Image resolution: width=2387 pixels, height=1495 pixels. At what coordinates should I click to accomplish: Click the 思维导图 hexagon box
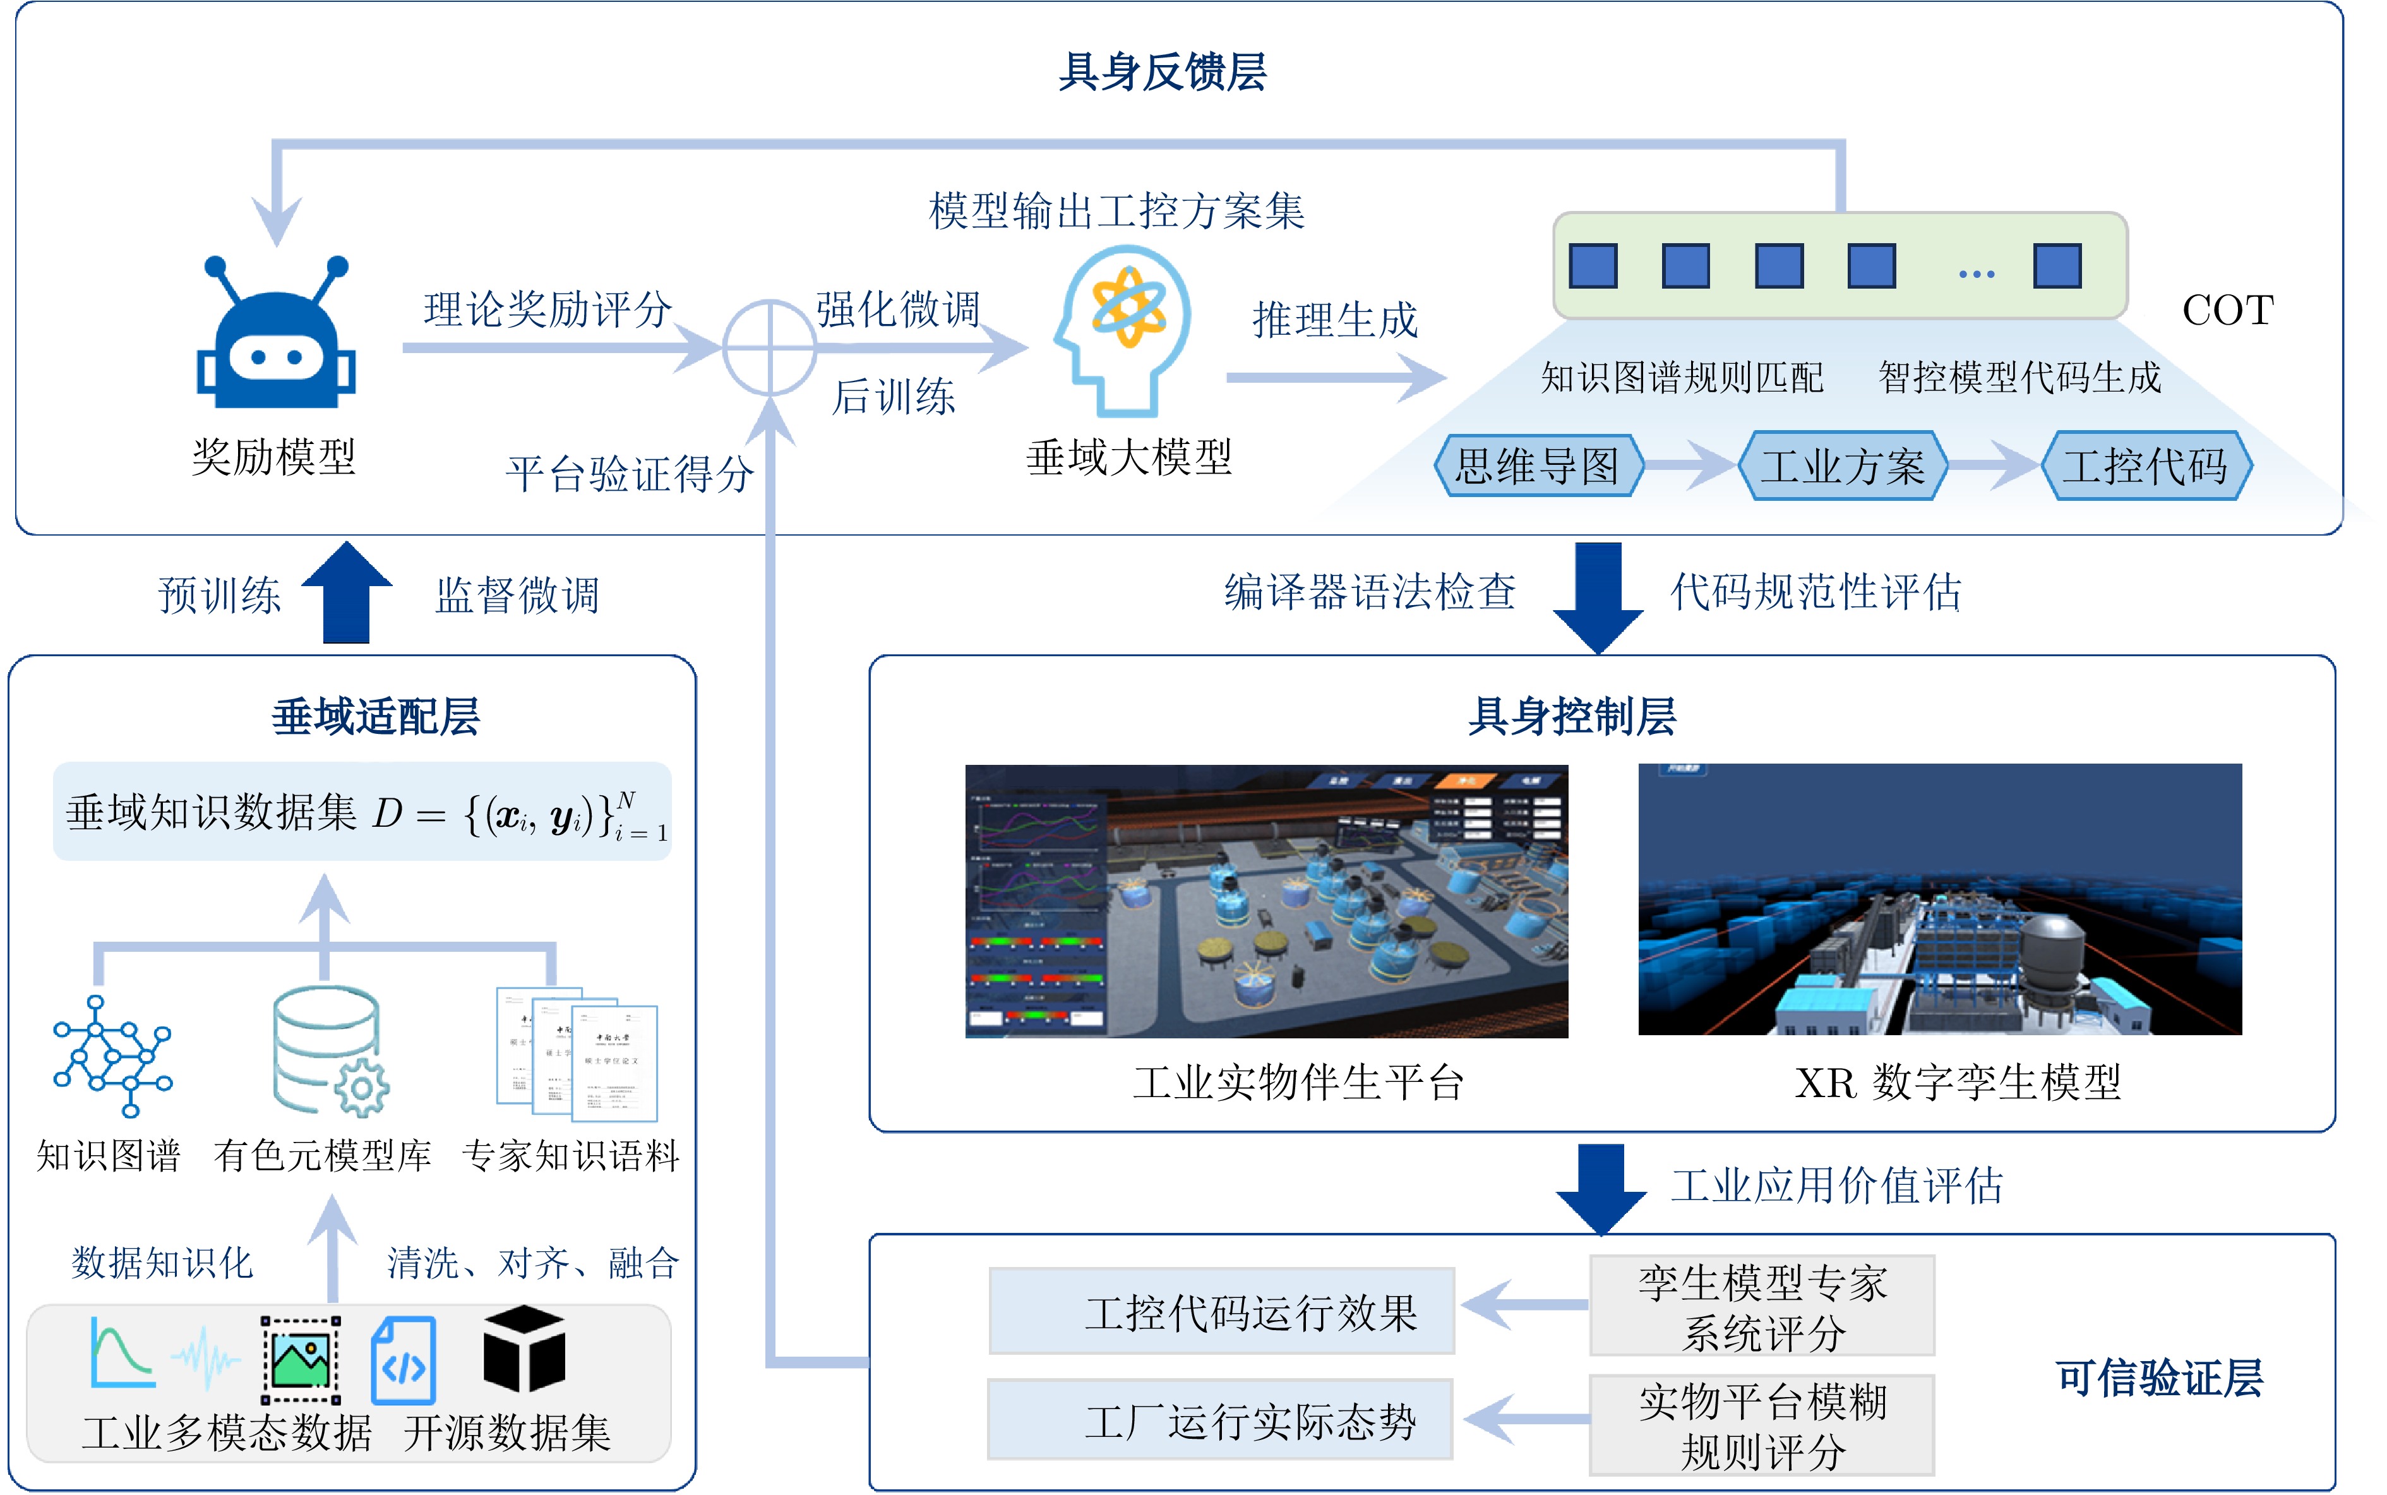(x=1537, y=465)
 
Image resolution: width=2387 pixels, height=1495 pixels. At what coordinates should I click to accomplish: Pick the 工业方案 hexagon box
(x=1843, y=465)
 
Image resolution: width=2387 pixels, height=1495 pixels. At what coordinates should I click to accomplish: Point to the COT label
(x=2227, y=311)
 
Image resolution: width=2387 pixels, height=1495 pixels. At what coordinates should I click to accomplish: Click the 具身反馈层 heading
(x=1163, y=72)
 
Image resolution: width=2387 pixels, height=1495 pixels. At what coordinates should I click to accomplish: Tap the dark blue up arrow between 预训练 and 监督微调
(x=347, y=592)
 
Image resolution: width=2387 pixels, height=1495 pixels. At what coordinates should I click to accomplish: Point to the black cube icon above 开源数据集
(x=524, y=1348)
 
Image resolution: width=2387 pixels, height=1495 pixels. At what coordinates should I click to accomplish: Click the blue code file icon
(x=404, y=1360)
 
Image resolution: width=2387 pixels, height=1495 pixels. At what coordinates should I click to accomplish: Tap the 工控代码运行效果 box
(x=1222, y=1311)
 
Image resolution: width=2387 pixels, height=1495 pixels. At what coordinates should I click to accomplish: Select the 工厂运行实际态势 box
(x=1219, y=1420)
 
